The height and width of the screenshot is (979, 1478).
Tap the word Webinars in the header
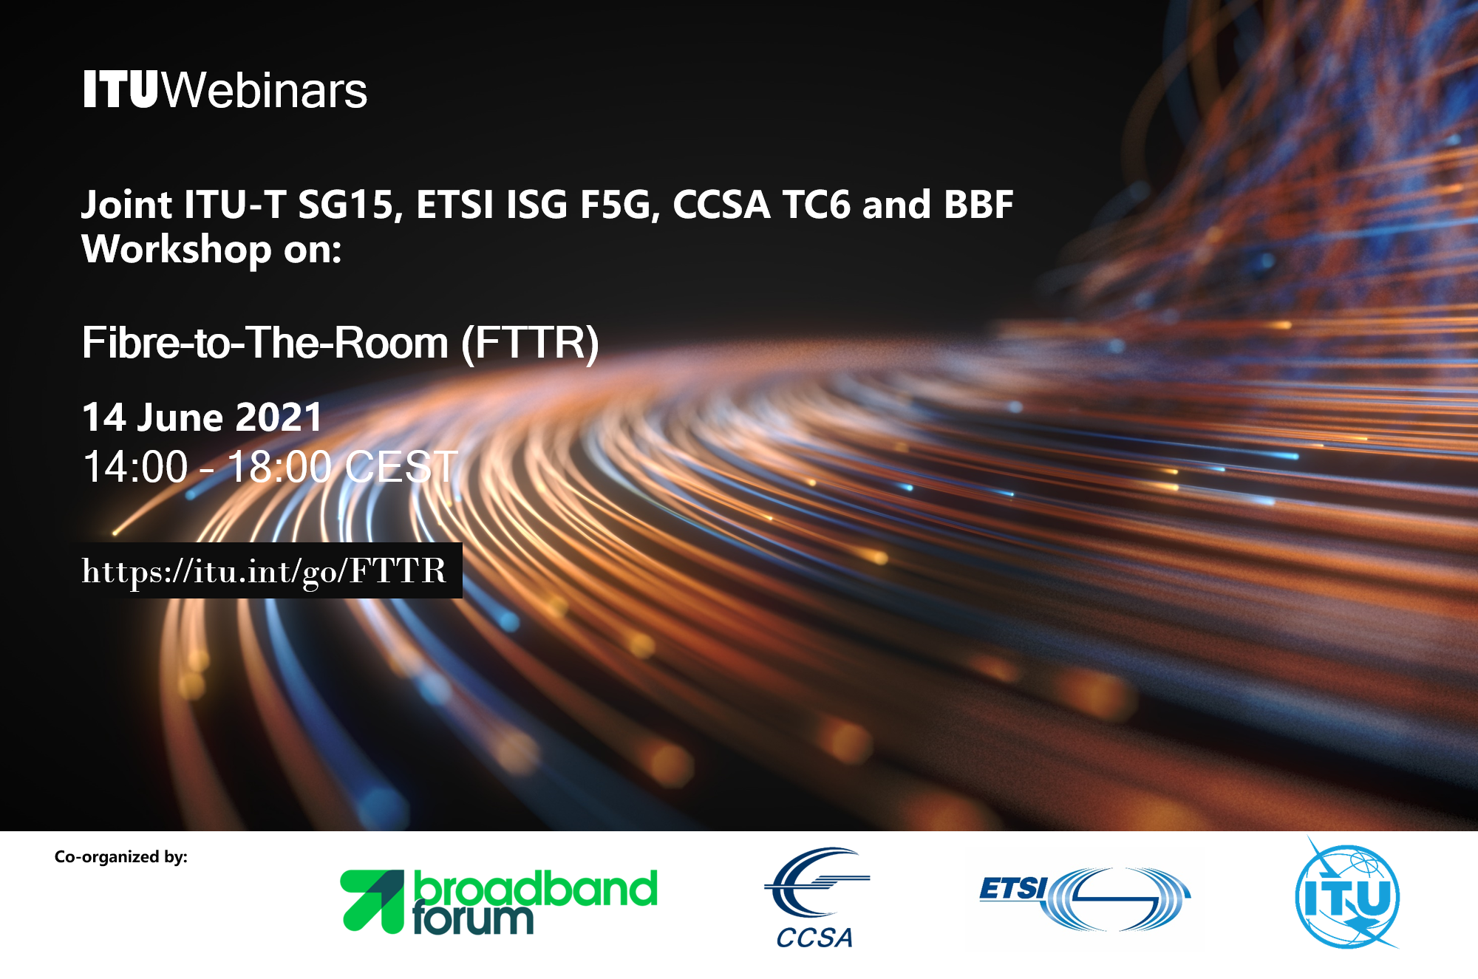tap(264, 90)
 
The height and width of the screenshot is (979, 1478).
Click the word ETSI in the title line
tap(454, 205)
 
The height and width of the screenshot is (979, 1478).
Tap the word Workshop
tap(177, 250)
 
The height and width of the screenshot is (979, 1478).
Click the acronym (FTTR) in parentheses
tap(530, 343)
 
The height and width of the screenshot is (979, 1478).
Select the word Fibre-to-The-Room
tap(265, 343)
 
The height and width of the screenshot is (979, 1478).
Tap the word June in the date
tap(180, 417)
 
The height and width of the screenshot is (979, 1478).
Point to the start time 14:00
tap(135, 467)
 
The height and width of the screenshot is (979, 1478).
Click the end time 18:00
tap(279, 467)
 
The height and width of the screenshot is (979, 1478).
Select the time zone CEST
tap(401, 467)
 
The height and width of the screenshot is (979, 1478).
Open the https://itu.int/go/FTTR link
tap(265, 571)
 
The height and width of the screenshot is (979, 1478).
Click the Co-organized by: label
tap(121, 857)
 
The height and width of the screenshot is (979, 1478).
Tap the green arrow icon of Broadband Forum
tap(372, 901)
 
